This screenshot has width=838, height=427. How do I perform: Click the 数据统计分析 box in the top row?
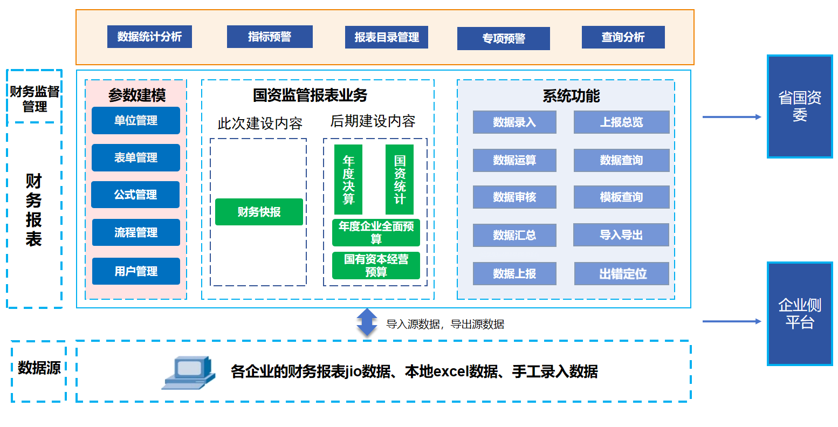point(149,37)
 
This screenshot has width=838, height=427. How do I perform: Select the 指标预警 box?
point(270,37)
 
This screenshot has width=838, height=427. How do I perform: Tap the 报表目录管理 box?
point(387,37)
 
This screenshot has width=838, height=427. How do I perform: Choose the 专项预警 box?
point(503,38)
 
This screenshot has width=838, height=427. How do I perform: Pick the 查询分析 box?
point(623,37)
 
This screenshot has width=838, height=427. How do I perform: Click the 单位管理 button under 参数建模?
point(136,120)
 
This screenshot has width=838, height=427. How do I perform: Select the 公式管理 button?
point(135,195)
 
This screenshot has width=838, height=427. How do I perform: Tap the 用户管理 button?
point(136,271)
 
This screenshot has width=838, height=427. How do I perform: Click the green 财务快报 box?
point(259,212)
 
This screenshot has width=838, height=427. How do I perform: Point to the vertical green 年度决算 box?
point(348,180)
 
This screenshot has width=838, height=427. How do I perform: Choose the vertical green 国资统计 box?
point(400,180)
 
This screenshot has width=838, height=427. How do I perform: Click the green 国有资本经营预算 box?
point(376,266)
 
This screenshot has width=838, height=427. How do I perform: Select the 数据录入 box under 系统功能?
point(514,122)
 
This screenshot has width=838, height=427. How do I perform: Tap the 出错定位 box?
point(622,274)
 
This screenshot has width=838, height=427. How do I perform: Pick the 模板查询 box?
point(621,197)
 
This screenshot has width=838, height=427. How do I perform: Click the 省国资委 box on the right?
point(800,106)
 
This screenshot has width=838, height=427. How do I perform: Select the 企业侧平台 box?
point(800,314)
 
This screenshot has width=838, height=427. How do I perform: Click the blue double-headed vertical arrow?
point(367,322)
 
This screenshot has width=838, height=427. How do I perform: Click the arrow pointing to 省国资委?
point(731,117)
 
